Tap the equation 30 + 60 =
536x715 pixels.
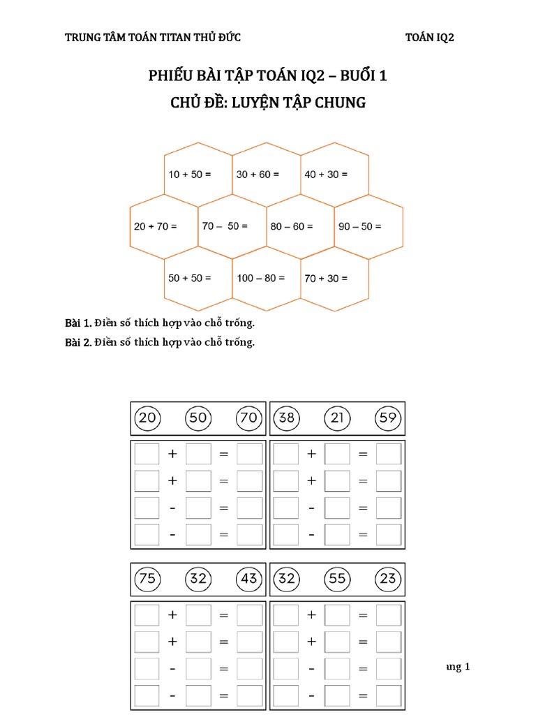click(258, 174)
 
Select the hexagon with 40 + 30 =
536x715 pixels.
click(326, 174)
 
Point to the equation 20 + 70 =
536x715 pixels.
click(156, 226)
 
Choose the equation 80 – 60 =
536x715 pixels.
click(292, 226)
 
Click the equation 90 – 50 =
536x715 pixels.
click(360, 226)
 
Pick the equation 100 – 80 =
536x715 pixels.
click(261, 278)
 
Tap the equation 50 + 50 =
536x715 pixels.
click(189, 278)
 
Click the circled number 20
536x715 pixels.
click(147, 418)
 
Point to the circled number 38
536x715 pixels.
click(286, 418)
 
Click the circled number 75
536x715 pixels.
click(147, 579)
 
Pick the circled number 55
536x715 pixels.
click(337, 579)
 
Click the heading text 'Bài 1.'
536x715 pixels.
click(77, 323)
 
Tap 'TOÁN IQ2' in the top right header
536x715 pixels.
click(429, 38)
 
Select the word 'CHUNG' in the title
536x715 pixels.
click(341, 103)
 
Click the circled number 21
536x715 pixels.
click(337, 418)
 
